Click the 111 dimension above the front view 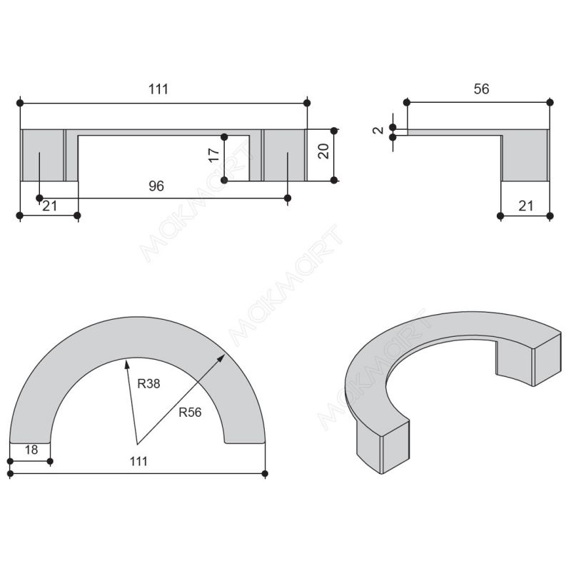tap(158, 89)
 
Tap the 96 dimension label tap(156, 186)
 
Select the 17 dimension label tap(213, 155)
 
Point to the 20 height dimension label tap(323, 151)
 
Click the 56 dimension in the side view tap(481, 89)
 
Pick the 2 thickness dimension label tap(379, 130)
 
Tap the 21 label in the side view tap(525, 206)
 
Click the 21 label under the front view tap(50, 206)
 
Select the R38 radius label tap(148, 383)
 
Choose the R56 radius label tap(190, 413)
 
